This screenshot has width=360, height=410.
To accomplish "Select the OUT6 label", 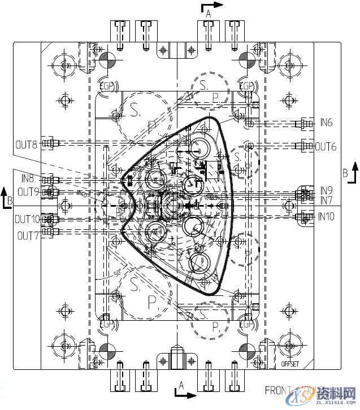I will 326,146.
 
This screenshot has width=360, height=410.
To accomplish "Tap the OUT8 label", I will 26,145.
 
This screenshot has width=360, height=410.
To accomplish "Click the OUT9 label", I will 28,192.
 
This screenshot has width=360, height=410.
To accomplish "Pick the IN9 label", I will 326,190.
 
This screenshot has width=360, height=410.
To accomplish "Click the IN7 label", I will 326,200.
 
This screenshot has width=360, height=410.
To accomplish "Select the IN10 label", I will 326,216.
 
